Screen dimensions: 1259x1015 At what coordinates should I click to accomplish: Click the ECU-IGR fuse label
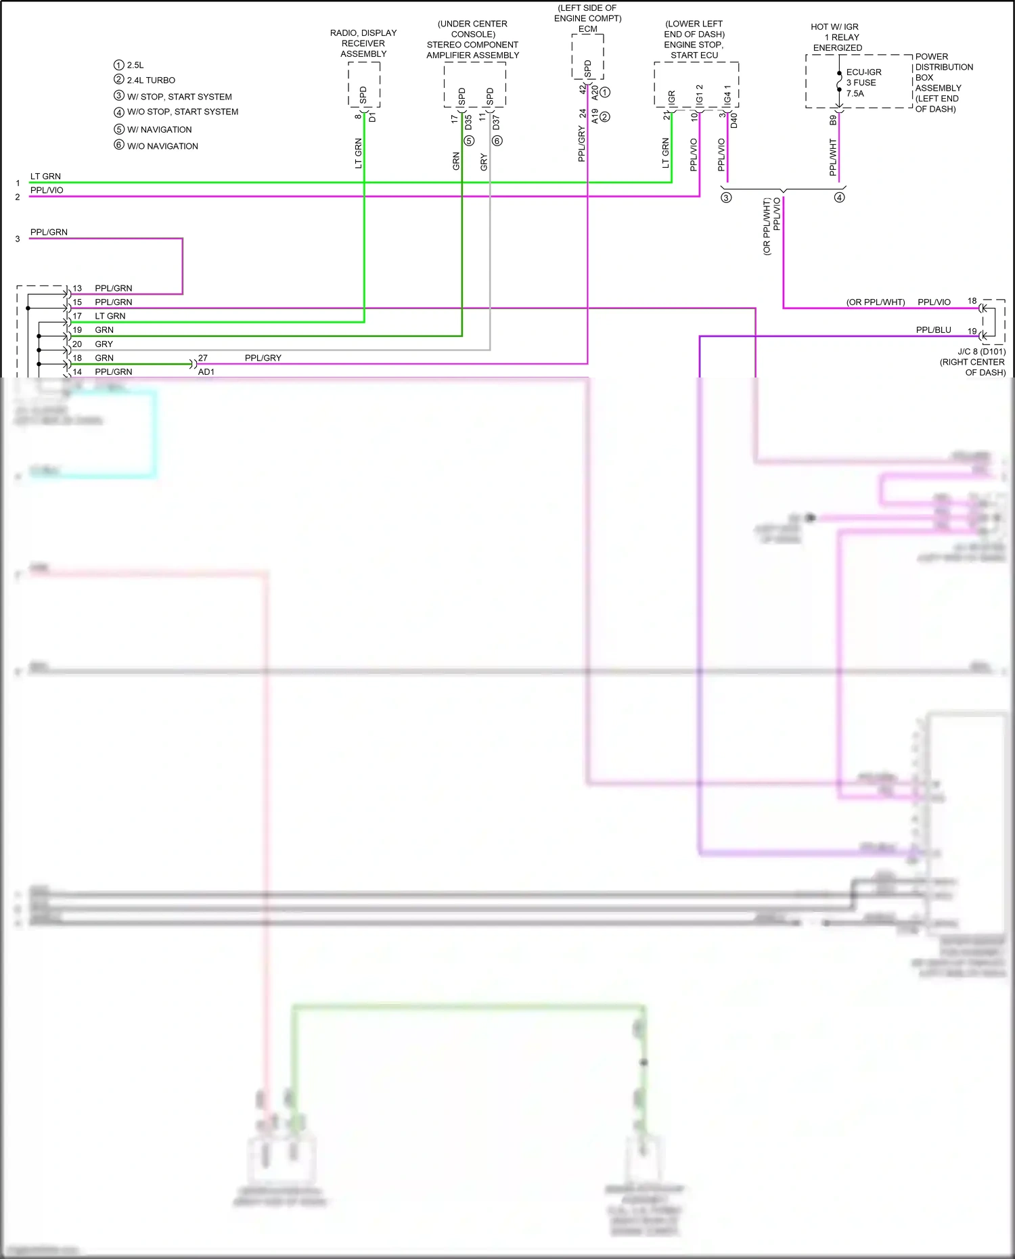click(863, 72)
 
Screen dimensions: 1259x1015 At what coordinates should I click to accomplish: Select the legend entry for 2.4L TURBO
click(150, 80)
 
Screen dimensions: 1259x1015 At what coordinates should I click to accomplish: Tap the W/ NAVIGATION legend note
click(159, 129)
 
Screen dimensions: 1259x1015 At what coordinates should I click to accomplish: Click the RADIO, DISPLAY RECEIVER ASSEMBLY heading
click(363, 43)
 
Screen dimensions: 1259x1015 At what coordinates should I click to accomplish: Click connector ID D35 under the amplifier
click(468, 122)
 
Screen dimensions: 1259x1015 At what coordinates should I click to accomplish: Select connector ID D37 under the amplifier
click(496, 122)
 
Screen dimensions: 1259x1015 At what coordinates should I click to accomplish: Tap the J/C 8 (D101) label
click(981, 352)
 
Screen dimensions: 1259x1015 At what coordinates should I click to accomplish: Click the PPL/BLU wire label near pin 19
click(933, 330)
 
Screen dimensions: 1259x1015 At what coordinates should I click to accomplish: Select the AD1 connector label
click(206, 372)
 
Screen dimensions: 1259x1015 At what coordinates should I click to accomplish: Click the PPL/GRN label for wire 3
click(49, 232)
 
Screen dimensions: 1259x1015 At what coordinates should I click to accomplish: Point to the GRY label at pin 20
click(104, 344)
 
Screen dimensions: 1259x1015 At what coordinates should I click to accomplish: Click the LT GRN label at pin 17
click(110, 316)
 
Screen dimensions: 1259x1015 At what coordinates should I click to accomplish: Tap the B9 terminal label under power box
click(833, 120)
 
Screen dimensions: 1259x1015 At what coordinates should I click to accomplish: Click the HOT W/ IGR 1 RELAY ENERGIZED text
click(837, 37)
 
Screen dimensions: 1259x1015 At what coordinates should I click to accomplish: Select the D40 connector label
click(734, 121)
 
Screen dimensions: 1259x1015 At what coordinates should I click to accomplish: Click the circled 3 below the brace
click(726, 198)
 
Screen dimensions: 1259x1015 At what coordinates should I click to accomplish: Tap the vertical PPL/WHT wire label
click(833, 157)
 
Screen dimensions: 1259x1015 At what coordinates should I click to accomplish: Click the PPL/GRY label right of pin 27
click(263, 358)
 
